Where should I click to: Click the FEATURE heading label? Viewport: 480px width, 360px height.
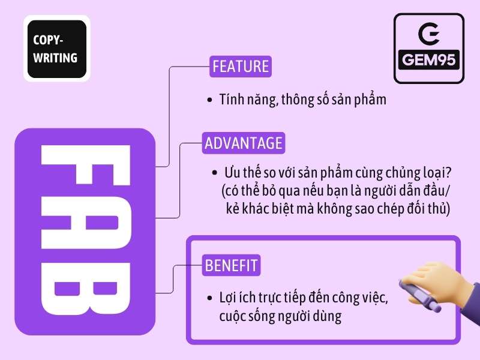coord(241,67)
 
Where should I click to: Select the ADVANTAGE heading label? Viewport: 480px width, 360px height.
coord(244,143)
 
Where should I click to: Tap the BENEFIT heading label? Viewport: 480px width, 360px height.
coord(231,265)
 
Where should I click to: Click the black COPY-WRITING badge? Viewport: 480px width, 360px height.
coord(57,49)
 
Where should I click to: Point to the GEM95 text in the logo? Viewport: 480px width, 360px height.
coord(429,59)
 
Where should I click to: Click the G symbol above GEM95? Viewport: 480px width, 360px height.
coord(429,33)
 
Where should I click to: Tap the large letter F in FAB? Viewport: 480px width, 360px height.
coord(86,166)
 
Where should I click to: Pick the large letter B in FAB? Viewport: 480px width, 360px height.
coord(86,289)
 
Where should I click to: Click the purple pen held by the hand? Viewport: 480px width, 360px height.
coord(420,296)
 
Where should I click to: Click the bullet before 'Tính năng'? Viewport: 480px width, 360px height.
coord(209,100)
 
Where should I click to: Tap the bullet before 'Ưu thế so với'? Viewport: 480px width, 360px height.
coord(215,173)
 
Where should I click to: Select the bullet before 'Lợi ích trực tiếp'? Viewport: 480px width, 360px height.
coord(209,298)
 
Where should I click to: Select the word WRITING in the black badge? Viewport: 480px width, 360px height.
coord(55,58)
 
